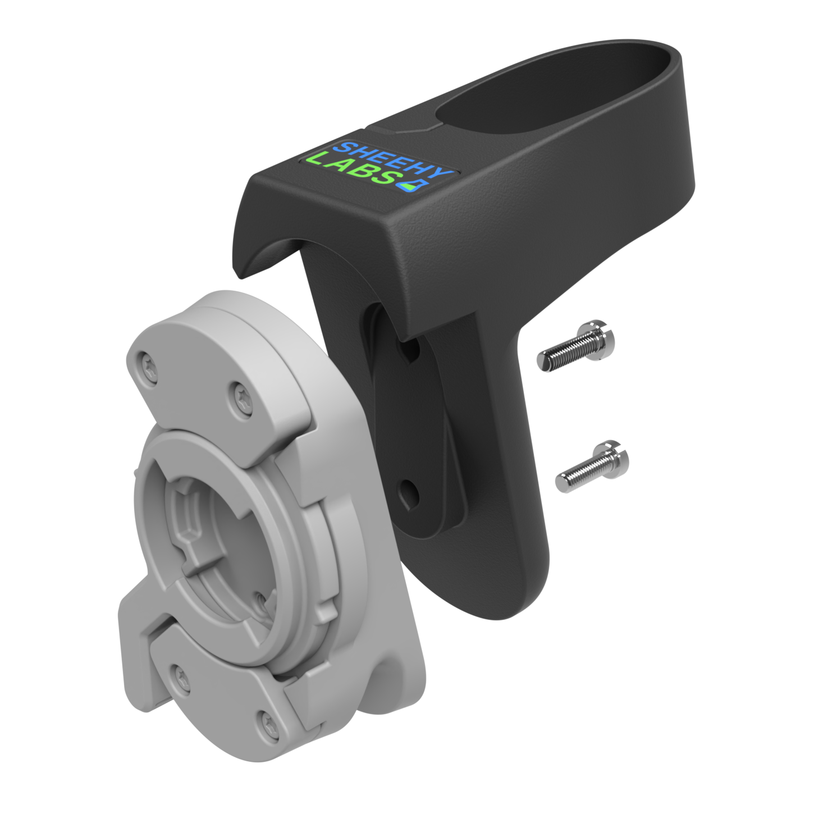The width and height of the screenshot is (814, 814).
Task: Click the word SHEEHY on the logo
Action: (393, 159)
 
